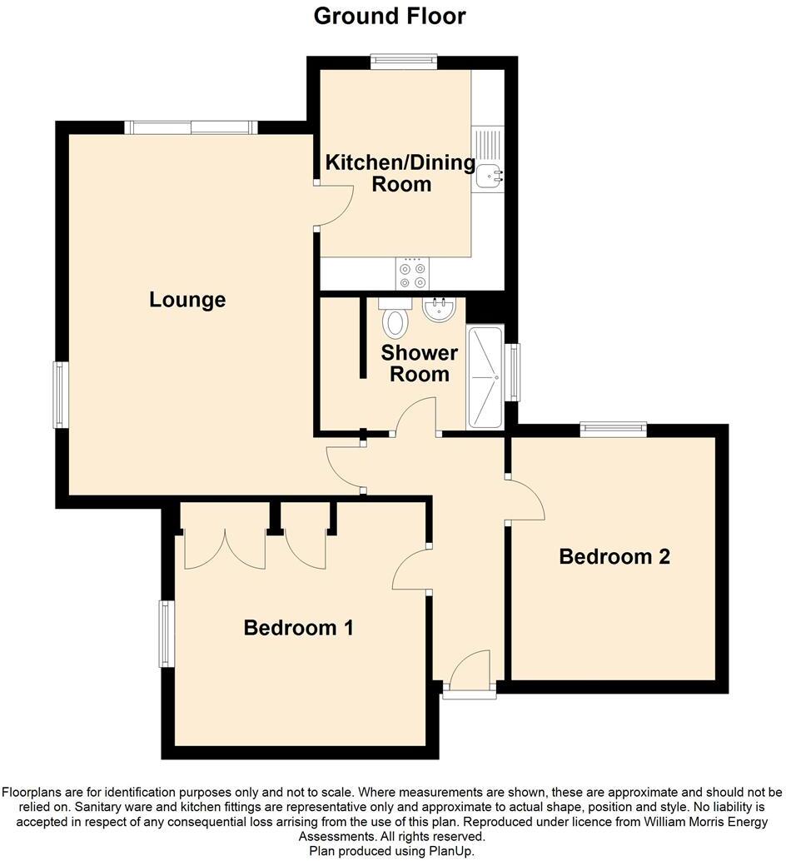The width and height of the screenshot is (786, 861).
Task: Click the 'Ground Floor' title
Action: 390,16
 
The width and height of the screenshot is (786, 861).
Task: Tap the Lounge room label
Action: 187,299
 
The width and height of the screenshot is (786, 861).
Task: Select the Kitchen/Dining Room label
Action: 400,173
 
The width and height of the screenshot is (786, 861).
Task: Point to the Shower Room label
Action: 419,363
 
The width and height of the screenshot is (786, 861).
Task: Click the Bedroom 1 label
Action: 298,627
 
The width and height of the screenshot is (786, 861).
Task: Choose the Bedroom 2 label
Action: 614,556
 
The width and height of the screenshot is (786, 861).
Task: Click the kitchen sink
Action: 488,173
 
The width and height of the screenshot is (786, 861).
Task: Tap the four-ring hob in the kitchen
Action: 413,275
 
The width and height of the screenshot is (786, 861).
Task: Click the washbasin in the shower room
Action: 439,310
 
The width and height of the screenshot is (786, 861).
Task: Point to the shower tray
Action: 485,377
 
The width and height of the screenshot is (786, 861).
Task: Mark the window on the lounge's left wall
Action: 61,395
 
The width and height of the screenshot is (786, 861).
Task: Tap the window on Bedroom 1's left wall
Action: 167,634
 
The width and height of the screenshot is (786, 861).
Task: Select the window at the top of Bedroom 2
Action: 614,429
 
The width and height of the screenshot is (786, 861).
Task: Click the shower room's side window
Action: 514,372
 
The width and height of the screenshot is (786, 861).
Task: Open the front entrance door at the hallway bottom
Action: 470,673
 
